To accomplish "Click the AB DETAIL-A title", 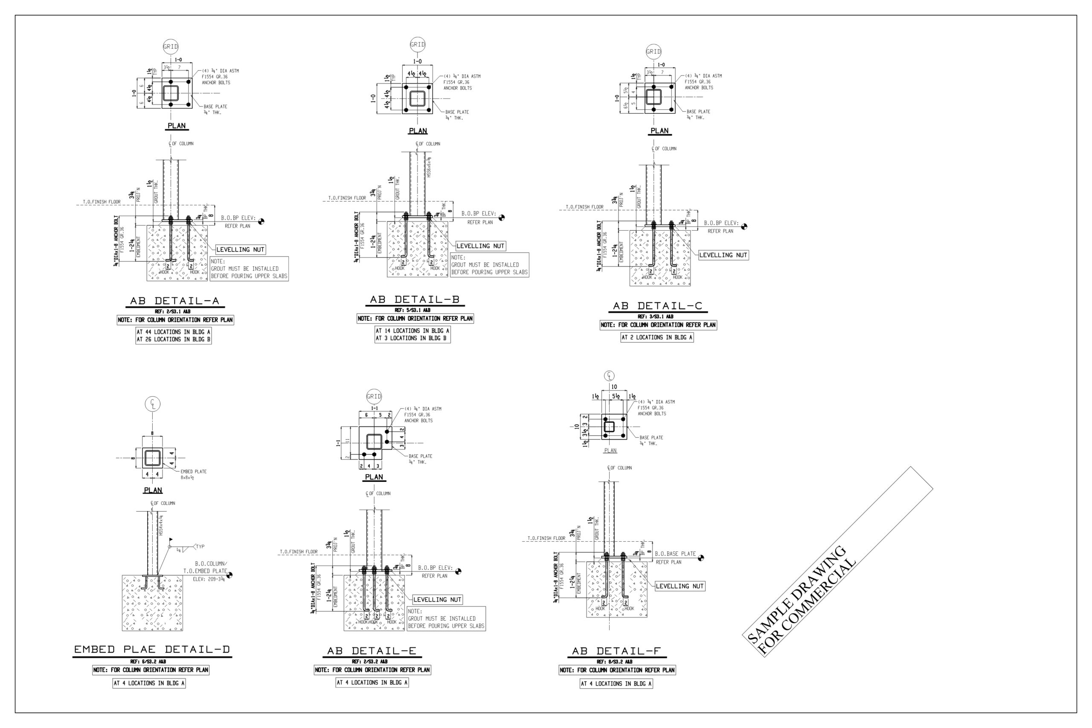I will point(174,301).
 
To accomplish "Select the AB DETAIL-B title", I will point(415,299).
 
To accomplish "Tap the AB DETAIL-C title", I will point(657,306).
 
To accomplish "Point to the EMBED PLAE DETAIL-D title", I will point(152,649).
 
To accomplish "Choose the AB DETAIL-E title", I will point(372,651).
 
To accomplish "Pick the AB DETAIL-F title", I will point(616,651).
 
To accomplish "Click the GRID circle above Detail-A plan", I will point(170,46).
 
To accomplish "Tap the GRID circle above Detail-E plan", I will point(374,397).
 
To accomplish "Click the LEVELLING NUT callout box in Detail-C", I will point(723,255).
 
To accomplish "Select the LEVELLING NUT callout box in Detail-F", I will point(679,586).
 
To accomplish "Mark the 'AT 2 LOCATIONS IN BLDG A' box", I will point(657,337).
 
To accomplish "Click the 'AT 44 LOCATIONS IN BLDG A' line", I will point(173,332).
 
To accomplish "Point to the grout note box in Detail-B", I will point(489,265).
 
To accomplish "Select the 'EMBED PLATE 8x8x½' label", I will point(193,474).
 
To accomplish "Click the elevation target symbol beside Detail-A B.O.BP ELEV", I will point(261,221).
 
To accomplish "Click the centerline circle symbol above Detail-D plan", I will point(153,404).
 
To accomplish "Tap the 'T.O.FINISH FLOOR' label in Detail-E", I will point(299,551).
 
